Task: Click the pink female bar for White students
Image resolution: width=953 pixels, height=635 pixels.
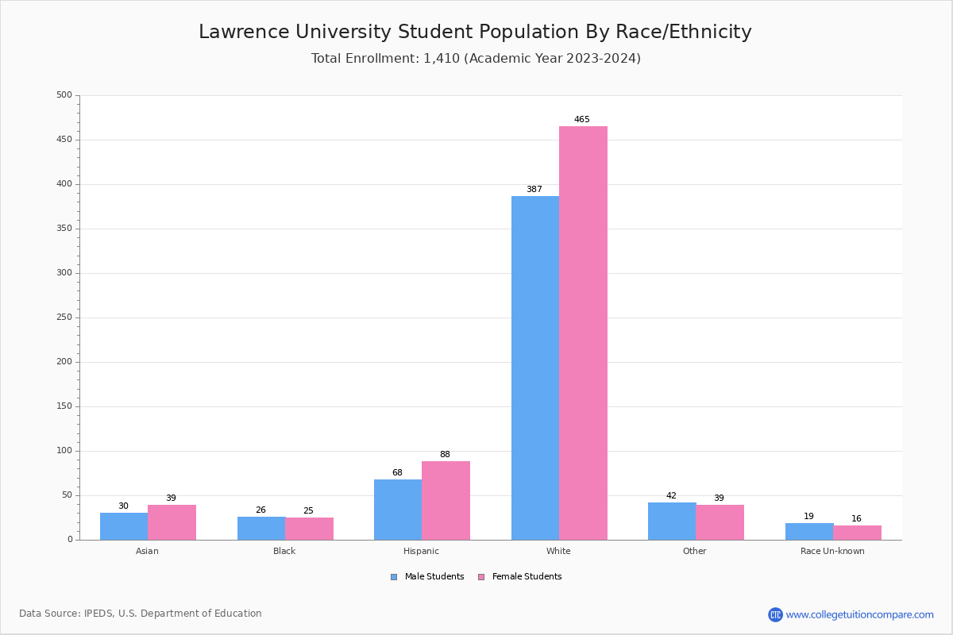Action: [x=583, y=333]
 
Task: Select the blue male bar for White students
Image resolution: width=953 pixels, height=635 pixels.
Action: [x=535, y=368]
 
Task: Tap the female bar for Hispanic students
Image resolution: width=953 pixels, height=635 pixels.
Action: [x=446, y=501]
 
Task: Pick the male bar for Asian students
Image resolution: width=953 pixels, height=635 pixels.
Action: [x=124, y=526]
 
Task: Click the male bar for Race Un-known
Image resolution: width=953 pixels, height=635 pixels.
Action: [x=809, y=532]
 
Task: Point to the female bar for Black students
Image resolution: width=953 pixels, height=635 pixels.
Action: [x=309, y=529]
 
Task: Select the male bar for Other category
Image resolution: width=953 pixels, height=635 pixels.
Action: [x=672, y=521]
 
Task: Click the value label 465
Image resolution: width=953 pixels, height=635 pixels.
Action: [x=582, y=120]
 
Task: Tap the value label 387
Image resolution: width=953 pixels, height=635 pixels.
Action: [x=534, y=190]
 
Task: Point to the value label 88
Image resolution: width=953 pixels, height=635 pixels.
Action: [x=445, y=455]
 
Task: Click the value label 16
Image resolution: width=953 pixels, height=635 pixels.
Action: [x=856, y=519]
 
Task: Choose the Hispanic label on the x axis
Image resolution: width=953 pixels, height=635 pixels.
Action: [x=421, y=551]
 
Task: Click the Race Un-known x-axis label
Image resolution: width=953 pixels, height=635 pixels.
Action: [x=832, y=551]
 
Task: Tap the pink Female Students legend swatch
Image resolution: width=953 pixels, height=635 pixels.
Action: [x=480, y=577]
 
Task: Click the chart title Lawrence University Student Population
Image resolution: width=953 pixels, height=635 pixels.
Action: [x=475, y=32]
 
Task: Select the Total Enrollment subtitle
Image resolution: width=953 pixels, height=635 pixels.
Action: [x=476, y=59]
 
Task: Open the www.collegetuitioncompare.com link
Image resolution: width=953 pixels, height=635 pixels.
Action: [x=859, y=614]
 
